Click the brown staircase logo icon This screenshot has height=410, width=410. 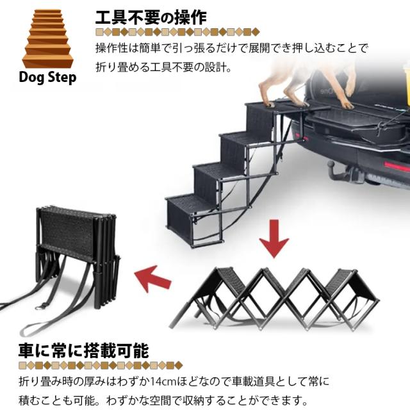coord(48,38)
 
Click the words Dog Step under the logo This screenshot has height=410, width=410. coord(47,78)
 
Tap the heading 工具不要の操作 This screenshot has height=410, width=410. coord(151,18)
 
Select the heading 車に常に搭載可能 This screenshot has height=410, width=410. coord(84,350)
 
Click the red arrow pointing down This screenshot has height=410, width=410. coord(274,238)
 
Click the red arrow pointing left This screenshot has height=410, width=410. coord(152,278)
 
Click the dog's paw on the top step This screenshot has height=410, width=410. coord(269,104)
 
